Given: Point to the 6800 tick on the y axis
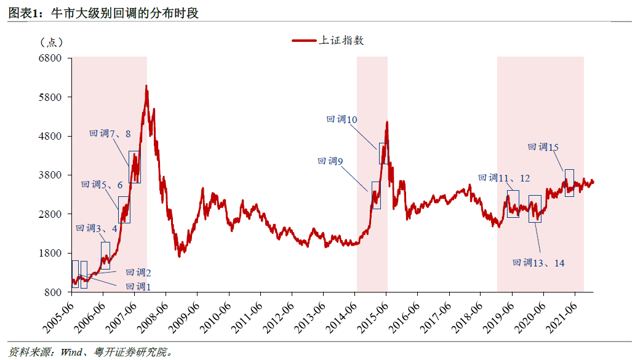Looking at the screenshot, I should pos(52,58).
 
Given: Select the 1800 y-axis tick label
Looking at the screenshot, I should pos(52,253).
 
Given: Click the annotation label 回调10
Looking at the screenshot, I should pos(341,120).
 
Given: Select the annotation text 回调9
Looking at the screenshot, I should pos(330,161).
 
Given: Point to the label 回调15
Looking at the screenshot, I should pos(543,147).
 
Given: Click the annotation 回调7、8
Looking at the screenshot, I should pos(110,134).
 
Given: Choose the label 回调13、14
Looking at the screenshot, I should pos(538,263).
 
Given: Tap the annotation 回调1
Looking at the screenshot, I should pos(138,286).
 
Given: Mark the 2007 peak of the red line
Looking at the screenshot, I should pos(146,86).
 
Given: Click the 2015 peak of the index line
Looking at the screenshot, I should pos(387,122).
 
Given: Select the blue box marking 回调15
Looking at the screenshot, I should pos(569,183).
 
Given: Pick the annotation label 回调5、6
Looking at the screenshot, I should pos(102,185).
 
